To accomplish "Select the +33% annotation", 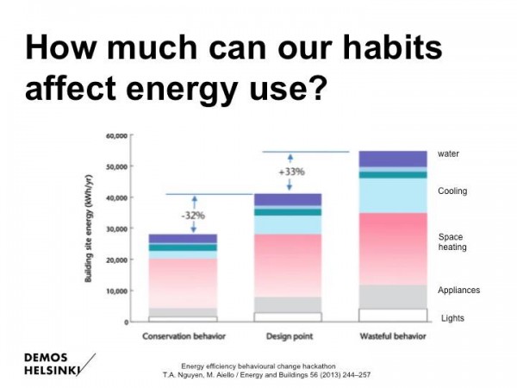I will coord(291,172).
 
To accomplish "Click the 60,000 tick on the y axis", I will coord(117,135).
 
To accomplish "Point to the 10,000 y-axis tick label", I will coord(117,291).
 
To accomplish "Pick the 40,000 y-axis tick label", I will coord(117,197).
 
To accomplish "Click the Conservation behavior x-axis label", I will coord(182,336).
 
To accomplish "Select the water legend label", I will coord(448,153).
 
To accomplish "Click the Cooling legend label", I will coord(452,191).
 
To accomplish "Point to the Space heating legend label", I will coord(451,241).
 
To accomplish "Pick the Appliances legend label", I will coord(458,291).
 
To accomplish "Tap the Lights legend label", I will coord(452,317).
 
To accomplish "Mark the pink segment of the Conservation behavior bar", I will coord(183,283).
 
